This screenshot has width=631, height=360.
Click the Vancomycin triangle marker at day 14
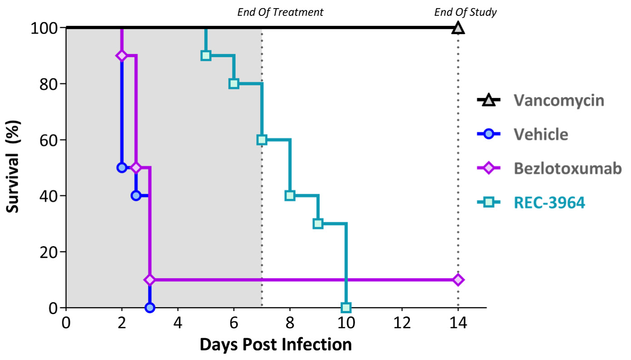pos(458,28)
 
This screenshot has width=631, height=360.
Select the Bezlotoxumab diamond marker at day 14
pos(458,280)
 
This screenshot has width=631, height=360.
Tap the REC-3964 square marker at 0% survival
pos(346,308)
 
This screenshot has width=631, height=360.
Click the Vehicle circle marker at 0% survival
pos(150,308)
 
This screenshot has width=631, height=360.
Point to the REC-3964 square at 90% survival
pos(206,55)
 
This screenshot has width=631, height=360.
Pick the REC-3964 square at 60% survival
pos(262,139)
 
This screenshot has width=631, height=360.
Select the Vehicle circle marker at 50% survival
pos(122,168)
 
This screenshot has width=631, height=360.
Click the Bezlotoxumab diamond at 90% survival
pos(122,55)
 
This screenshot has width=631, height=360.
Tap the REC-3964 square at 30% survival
pos(318,223)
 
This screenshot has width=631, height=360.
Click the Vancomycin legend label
pos(559,100)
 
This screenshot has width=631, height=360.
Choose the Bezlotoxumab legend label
pos(567,168)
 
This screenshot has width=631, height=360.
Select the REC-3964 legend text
pos(549,202)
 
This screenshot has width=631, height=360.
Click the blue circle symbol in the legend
pos(488,134)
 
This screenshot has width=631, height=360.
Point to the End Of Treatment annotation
pos(280,12)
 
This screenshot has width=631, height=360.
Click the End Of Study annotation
pos(465,12)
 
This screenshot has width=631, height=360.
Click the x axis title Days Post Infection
pos(276,345)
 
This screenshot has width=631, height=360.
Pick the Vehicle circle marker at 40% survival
pos(136,196)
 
